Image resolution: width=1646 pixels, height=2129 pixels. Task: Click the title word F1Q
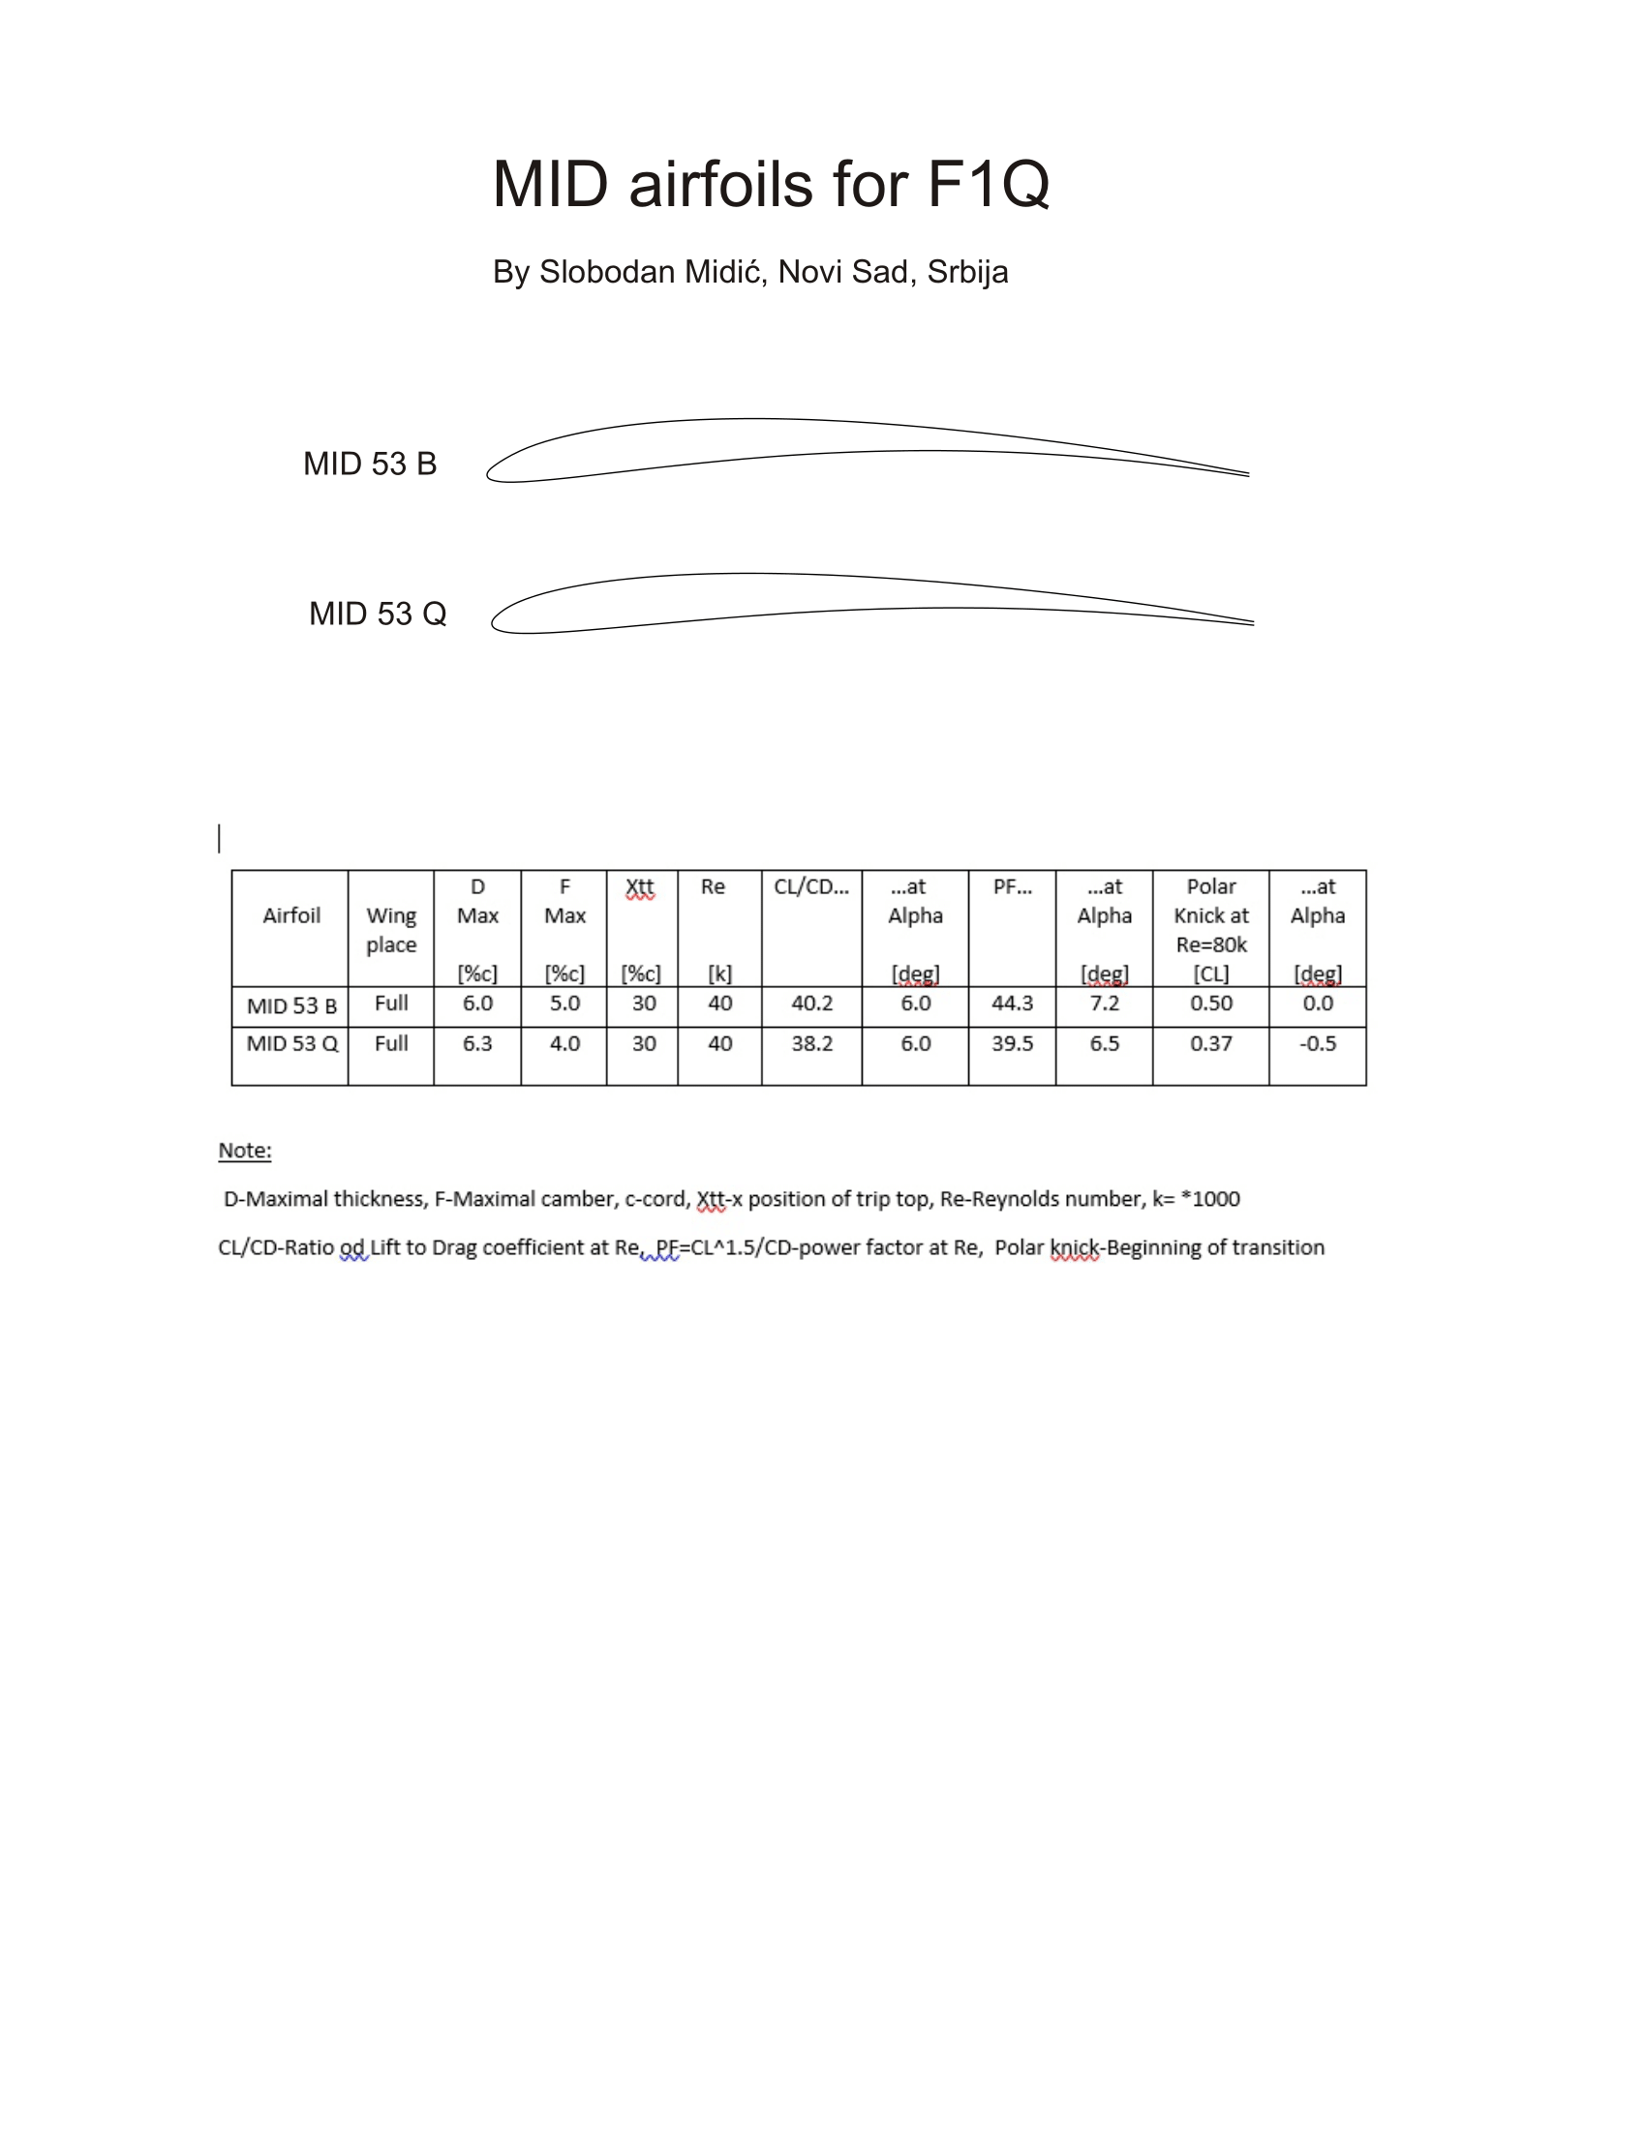point(987,184)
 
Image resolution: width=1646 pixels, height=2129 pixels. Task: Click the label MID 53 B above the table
point(370,464)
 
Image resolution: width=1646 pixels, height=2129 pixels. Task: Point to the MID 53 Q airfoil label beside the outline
point(378,615)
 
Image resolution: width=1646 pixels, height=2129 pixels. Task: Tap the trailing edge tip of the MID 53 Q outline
point(1251,622)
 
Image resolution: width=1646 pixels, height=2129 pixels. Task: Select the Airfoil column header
point(290,915)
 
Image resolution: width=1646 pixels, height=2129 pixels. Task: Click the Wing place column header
point(391,930)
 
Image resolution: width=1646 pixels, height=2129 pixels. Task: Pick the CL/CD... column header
point(810,887)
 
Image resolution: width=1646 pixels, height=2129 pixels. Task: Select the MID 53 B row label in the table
point(291,1006)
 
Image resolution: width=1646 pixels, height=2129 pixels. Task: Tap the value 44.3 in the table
point(1011,1004)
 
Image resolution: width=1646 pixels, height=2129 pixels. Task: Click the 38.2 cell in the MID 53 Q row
point(811,1044)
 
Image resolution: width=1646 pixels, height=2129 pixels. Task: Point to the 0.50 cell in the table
point(1210,1004)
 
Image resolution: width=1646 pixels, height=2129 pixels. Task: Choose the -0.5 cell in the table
point(1317,1044)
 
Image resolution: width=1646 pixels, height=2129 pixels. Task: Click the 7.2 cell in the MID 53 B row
point(1104,1004)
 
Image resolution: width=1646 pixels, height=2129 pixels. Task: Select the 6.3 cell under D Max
point(476,1044)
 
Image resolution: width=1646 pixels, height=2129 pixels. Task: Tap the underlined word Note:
point(245,1151)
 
